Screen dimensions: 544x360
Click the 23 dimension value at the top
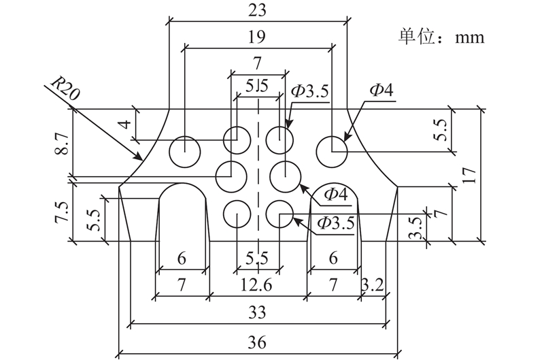click(258, 10)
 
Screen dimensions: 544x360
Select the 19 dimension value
click(257, 37)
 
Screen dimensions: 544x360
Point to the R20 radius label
click(65, 88)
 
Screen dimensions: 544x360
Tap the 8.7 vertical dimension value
click(63, 144)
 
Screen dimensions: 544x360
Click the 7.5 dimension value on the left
click(63, 212)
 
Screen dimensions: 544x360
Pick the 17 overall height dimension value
click(469, 176)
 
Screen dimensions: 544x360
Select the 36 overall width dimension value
click(257, 342)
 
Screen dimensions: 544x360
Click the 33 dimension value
click(257, 312)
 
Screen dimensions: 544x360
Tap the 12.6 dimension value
click(257, 285)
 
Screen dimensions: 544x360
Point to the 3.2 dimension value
click(373, 285)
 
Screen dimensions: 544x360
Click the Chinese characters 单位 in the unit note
click(416, 37)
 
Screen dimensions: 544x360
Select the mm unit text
click(470, 38)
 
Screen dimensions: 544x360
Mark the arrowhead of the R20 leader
click(140, 157)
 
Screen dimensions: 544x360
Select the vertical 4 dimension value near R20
click(126, 124)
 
